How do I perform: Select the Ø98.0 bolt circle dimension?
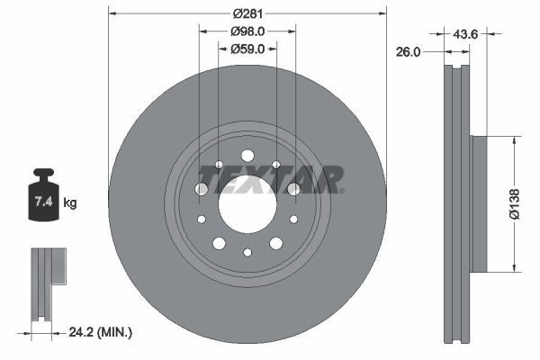[x=247, y=31]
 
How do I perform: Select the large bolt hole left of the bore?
[x=202, y=189]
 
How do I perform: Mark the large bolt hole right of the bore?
[x=292, y=189]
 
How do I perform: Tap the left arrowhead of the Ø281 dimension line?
[x=112, y=13]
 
